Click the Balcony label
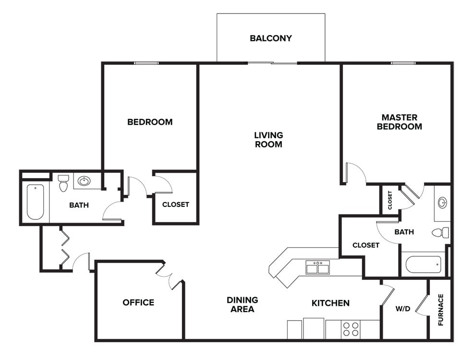(x=270, y=38)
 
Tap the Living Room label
(x=268, y=140)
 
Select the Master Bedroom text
(x=399, y=122)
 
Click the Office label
(x=138, y=302)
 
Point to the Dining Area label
(x=243, y=304)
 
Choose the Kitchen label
(x=330, y=303)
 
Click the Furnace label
(x=441, y=310)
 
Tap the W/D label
(x=403, y=309)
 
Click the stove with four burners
(x=350, y=329)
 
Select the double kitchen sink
(x=318, y=267)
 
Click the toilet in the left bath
(x=63, y=183)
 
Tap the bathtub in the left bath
(x=35, y=202)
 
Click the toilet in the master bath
(x=440, y=233)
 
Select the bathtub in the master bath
(x=423, y=264)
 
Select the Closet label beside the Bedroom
(x=175, y=204)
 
